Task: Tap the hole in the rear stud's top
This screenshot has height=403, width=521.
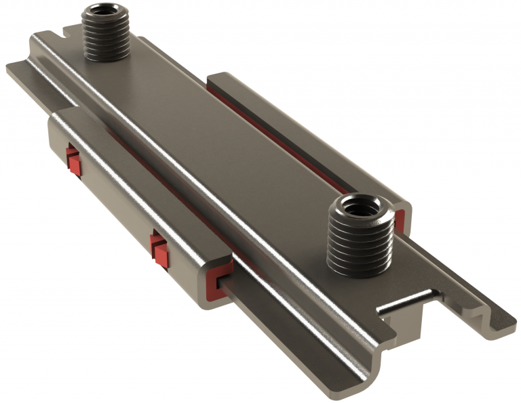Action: pos(104,12)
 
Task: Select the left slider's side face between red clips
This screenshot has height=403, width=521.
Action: pos(115,203)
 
